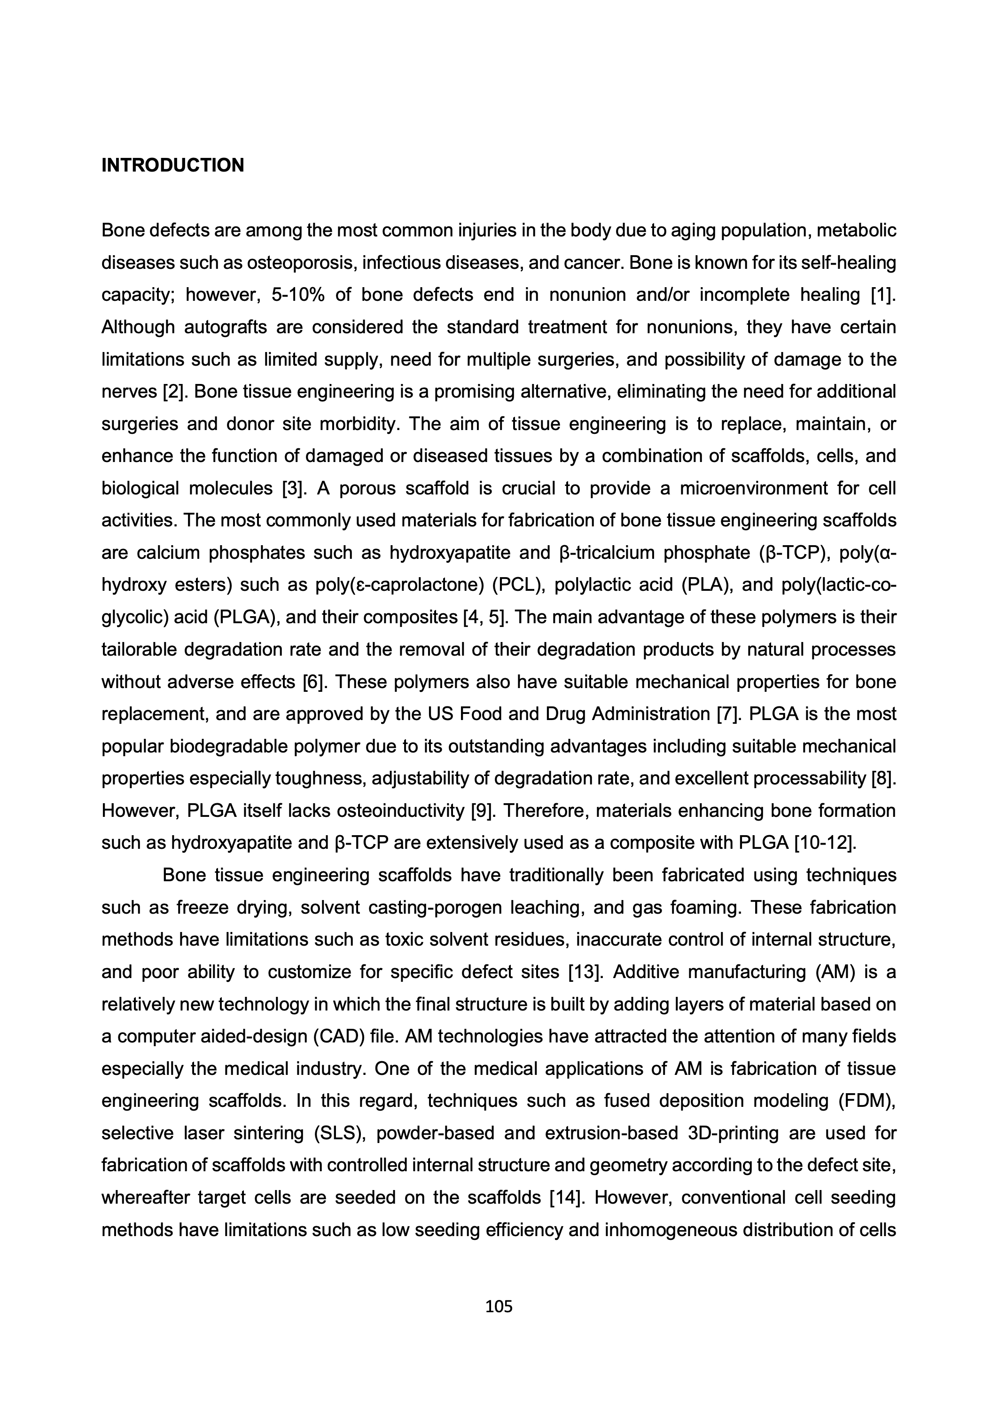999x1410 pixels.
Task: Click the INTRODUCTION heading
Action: pyautogui.click(x=172, y=165)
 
